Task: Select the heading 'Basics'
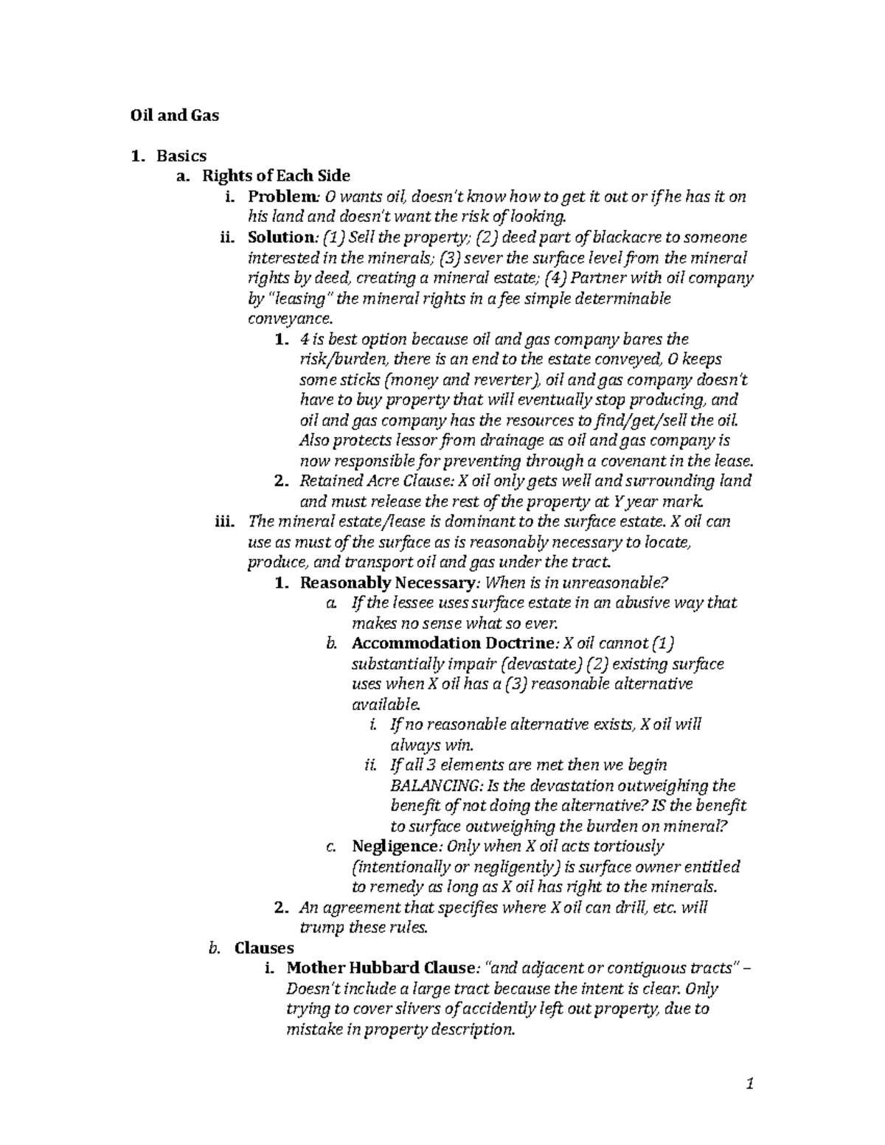point(181,156)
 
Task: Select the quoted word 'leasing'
point(298,299)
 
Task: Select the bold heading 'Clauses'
point(264,947)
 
